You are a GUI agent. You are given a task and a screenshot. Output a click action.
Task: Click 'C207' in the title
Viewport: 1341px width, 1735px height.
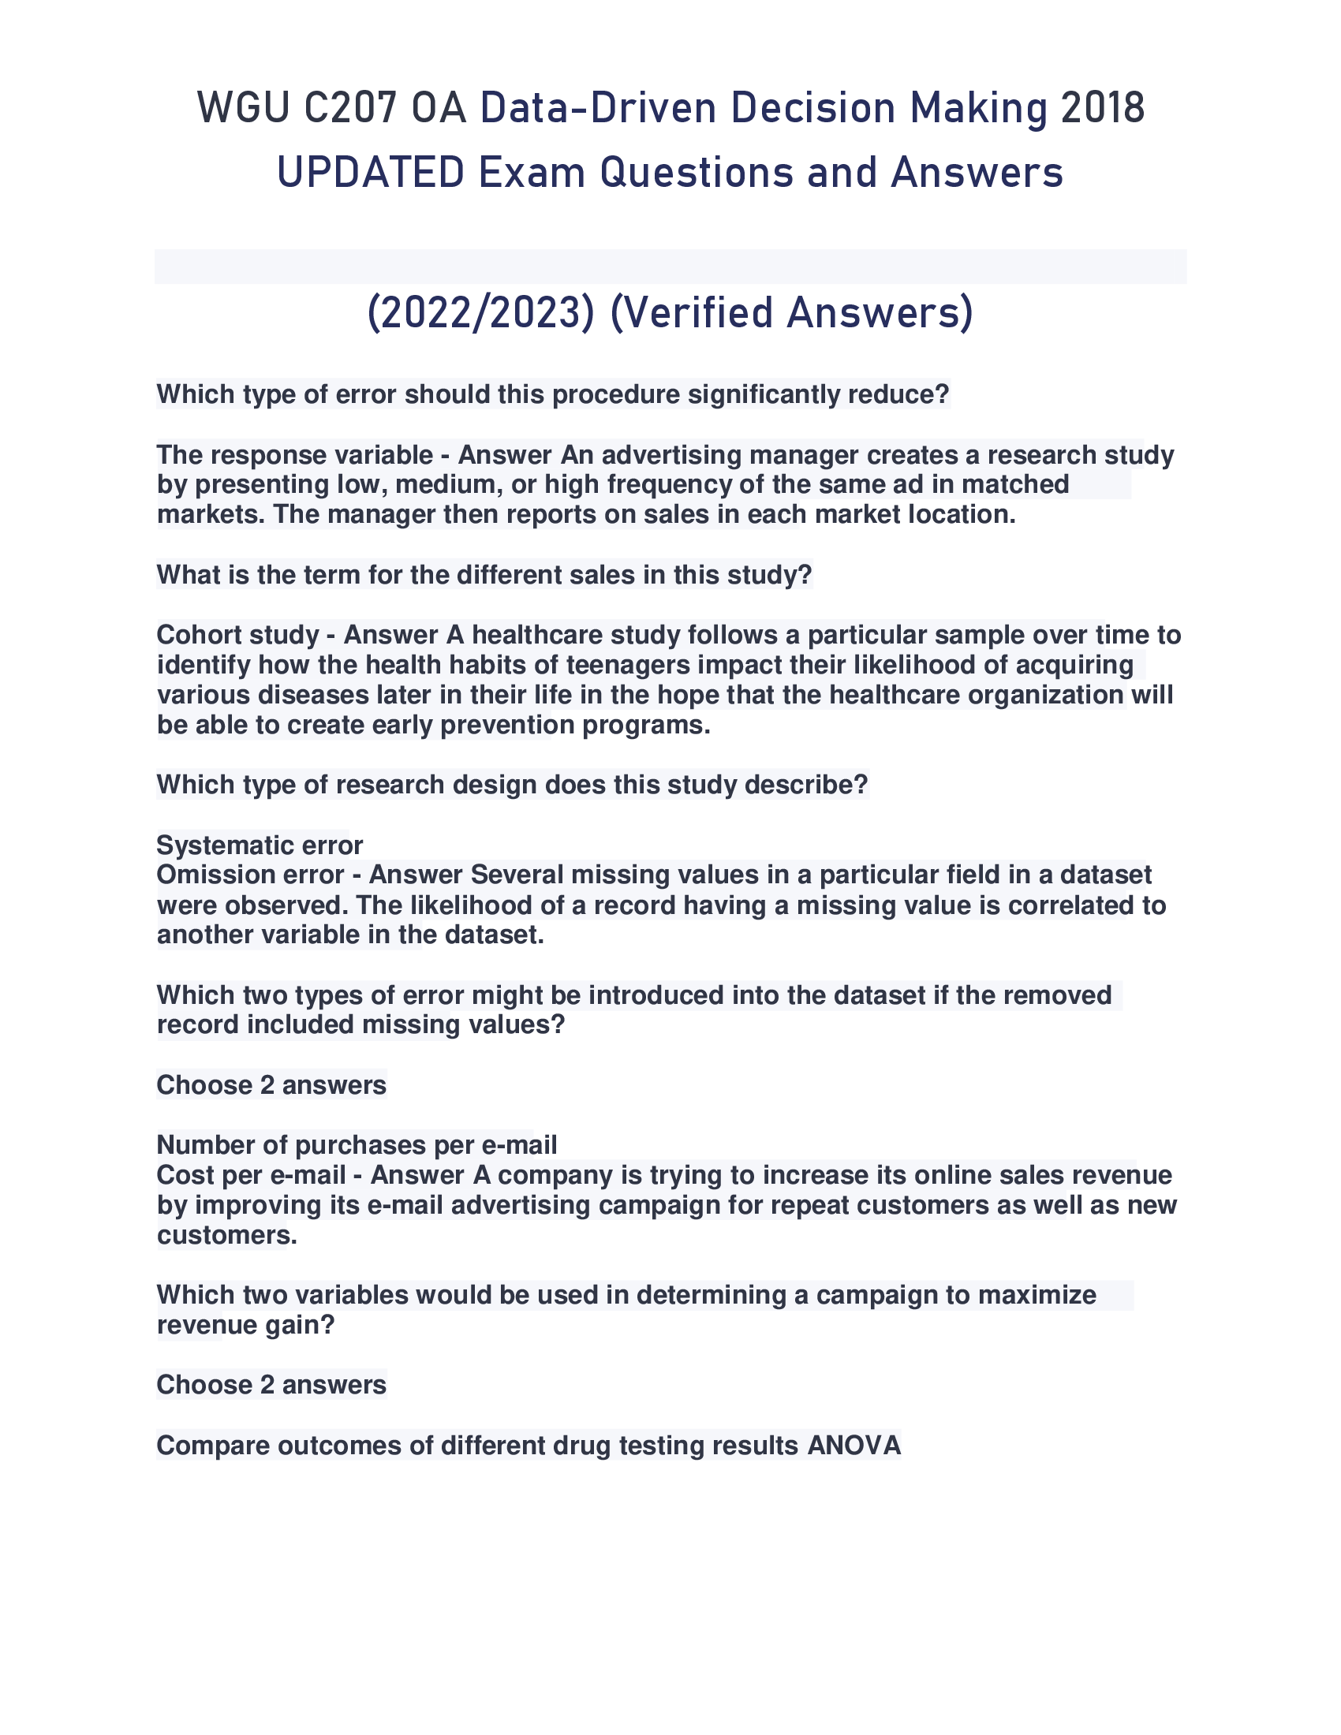[x=349, y=109]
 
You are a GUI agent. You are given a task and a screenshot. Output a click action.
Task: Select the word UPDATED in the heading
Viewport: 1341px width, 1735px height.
[x=370, y=173]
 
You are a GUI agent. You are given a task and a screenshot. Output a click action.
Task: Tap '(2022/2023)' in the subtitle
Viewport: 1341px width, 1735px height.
[x=480, y=313]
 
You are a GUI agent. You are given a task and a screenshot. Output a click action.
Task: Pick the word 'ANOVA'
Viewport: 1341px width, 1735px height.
[x=854, y=1445]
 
